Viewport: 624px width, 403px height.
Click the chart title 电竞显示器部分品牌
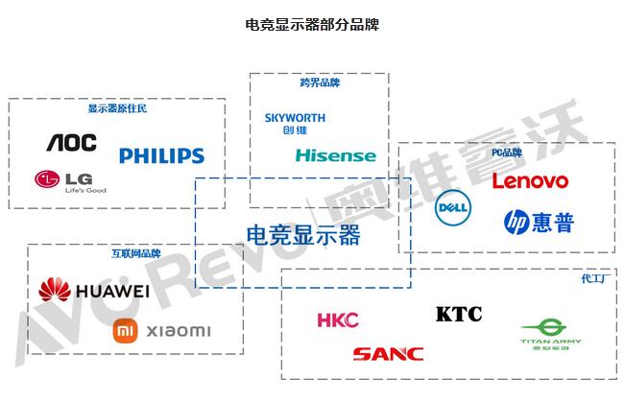[312, 24]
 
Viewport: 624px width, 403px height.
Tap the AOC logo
[72, 143]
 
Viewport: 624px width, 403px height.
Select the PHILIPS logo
[161, 155]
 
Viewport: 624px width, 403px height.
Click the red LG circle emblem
[46, 178]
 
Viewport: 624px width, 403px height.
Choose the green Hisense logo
[336, 155]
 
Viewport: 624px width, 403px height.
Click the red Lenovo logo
[530, 180]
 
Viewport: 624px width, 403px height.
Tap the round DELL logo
[453, 207]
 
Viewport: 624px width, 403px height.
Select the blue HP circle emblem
[516, 223]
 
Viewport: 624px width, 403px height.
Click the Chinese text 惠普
[554, 223]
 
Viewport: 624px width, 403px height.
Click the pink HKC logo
[337, 320]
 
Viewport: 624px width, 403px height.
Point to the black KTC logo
[458, 314]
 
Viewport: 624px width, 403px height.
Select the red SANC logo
[387, 354]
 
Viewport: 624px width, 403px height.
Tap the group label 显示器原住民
[117, 108]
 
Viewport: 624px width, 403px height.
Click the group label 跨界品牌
[320, 83]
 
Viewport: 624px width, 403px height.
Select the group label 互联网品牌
[135, 254]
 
